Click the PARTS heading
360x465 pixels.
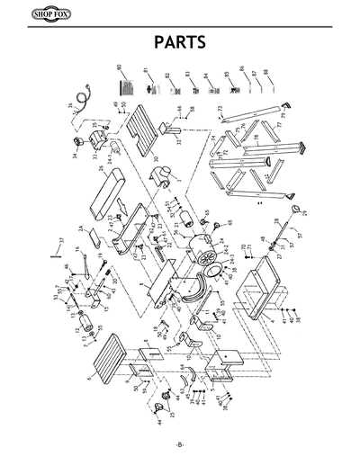pyautogui.click(x=180, y=43)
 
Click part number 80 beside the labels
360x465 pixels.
pyautogui.click(x=119, y=68)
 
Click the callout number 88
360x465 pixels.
pyautogui.click(x=266, y=71)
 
